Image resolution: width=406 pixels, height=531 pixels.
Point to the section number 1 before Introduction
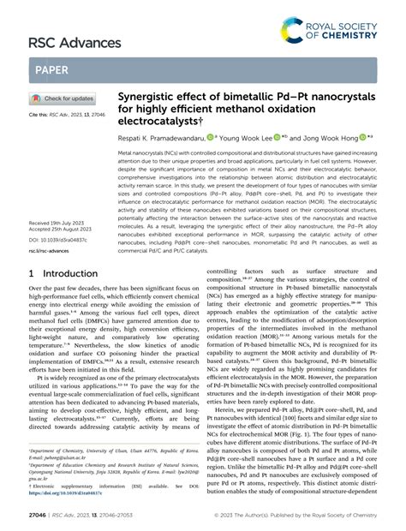tap(33, 273)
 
